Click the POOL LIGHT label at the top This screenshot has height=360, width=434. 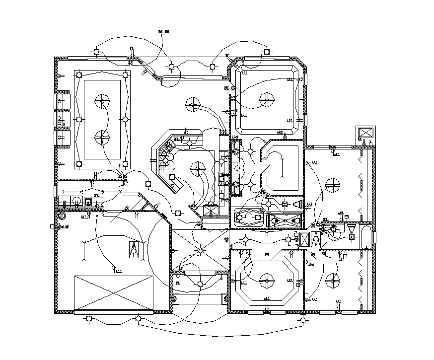click(x=163, y=31)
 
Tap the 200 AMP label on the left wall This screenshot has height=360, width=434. click(x=63, y=226)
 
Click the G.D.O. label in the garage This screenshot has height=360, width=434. click(x=118, y=272)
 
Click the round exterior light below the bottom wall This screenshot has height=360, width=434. click(x=302, y=322)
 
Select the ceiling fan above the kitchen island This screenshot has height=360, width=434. click(x=198, y=169)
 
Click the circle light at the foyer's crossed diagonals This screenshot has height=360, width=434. click(x=200, y=251)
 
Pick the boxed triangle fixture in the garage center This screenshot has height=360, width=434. click(x=134, y=250)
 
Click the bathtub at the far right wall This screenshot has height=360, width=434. click(x=366, y=237)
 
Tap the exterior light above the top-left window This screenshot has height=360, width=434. click(x=97, y=52)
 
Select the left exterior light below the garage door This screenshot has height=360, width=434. click(x=88, y=318)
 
